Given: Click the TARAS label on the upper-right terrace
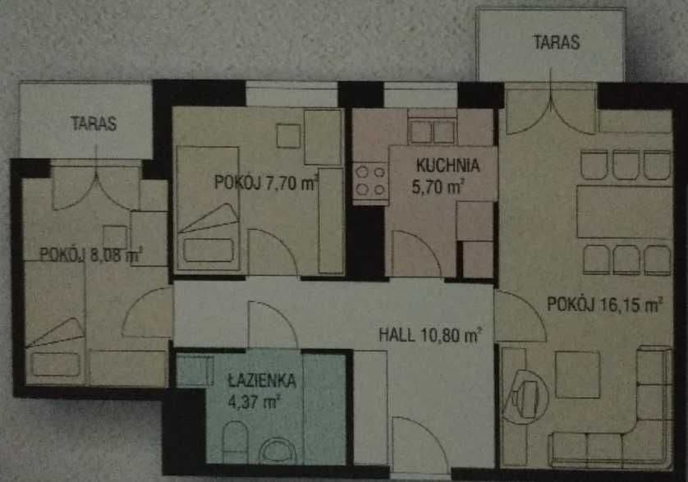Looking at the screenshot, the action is coord(557,42).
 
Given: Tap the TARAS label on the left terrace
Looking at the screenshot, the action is coord(94,123).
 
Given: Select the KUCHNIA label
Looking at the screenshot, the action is coord(447,166).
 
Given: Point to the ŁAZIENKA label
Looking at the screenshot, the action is coord(263,381).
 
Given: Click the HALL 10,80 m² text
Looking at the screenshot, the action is coord(430,335).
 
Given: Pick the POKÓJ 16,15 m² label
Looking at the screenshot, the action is coord(604,304).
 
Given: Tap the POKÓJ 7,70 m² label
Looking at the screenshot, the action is coord(265,182).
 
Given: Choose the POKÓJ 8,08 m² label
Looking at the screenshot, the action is coord(91,255).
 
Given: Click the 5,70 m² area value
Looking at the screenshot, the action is coord(437,187).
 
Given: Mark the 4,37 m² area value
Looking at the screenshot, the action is coord(254,402).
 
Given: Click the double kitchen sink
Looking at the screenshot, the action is coord(432,131).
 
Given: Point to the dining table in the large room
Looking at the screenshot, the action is coord(624,212).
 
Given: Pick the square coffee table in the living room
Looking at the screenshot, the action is coord(578,374).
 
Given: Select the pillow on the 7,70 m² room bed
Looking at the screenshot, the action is coord(208,250).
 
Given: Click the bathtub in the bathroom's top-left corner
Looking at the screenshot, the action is coord(195,371).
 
